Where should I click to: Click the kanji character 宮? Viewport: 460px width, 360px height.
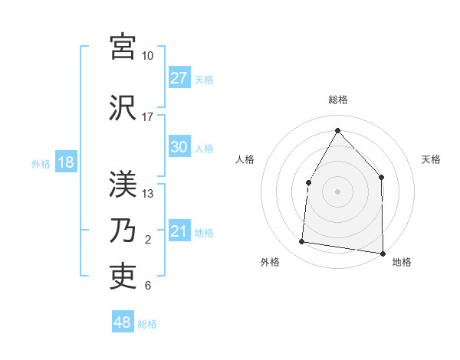coord(123,47)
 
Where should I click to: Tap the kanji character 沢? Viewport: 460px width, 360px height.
coord(123,108)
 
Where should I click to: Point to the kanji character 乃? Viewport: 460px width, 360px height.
coord(123,231)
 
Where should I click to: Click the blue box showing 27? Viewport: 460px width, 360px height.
coord(179,78)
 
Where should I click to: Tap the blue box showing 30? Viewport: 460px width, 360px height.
coord(179,148)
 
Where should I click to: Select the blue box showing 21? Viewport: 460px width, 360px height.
coord(179,232)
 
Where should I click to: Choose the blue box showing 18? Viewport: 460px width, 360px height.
coord(65,163)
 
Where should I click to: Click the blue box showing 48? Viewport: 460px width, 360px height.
coord(123,322)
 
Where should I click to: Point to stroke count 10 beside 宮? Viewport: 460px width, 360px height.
coord(147,56)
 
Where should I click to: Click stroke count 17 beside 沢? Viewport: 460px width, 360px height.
coord(147,117)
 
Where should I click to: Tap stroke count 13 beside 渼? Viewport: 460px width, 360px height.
coord(147,194)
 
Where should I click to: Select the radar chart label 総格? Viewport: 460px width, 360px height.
coord(338,100)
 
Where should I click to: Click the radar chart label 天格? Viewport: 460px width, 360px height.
coord(431,159)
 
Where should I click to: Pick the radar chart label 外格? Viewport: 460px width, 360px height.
coord(270,262)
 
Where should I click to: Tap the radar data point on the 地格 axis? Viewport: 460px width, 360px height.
coord(383,253)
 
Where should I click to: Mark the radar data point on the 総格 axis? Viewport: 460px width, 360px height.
coord(337,130)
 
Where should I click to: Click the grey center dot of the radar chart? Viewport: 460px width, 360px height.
coord(337,191)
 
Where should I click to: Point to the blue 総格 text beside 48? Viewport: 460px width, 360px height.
coord(147,324)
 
